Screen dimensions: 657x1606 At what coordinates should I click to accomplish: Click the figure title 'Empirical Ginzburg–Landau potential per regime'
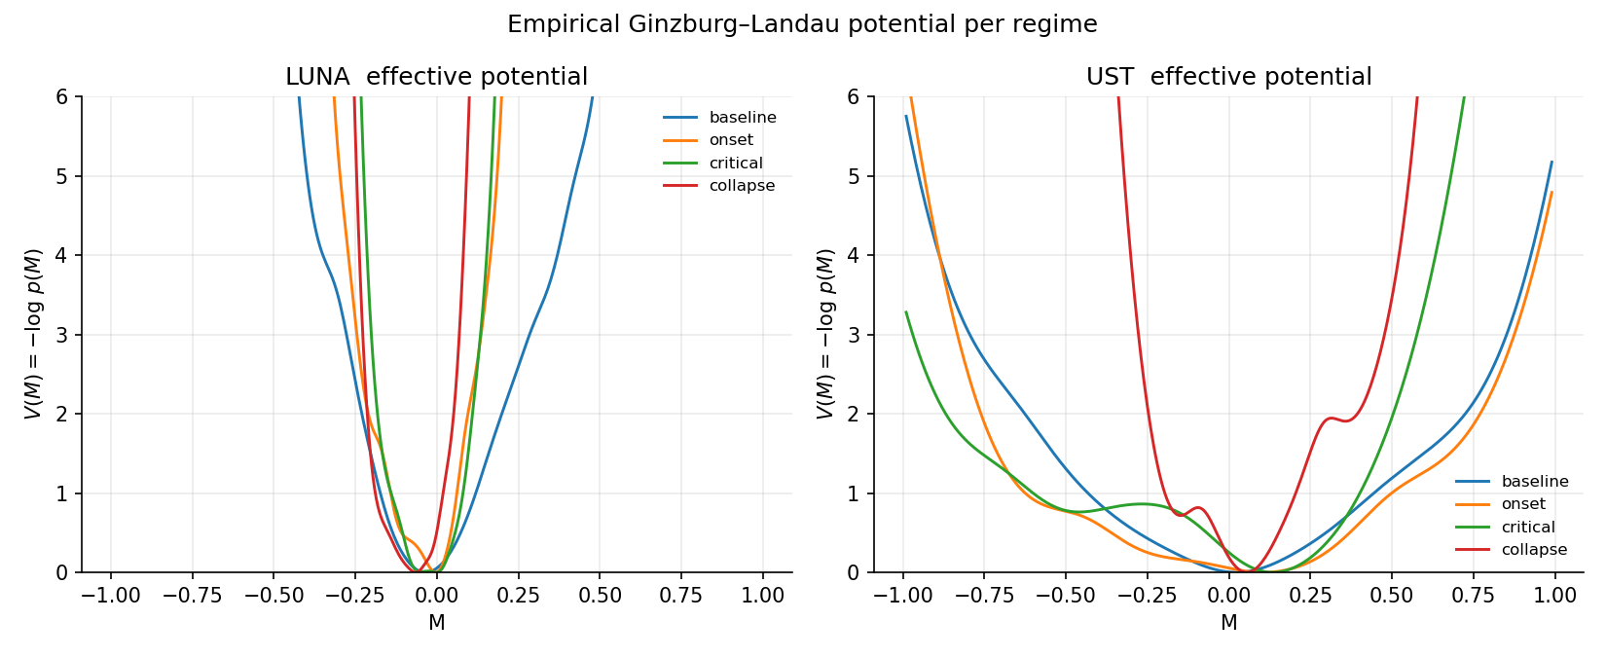tap(802, 25)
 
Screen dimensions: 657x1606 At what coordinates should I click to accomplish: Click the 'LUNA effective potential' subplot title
tap(436, 77)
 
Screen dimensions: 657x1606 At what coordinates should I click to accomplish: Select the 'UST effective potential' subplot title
tap(1228, 77)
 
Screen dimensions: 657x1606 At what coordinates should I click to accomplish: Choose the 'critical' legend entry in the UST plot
tap(1527, 528)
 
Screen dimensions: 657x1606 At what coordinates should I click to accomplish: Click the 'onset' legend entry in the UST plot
tap(1522, 504)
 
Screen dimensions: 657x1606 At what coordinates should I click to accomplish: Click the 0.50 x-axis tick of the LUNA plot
tap(600, 596)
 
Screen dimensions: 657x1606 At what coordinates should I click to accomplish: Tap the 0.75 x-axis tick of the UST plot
tap(1473, 596)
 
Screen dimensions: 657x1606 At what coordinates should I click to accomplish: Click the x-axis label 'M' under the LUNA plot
tap(436, 623)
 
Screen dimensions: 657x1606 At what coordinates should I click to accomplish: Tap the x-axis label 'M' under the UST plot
tap(1228, 623)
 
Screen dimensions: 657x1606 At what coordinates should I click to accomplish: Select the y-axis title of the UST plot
tap(825, 334)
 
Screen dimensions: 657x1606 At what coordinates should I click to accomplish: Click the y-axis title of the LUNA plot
tap(33, 334)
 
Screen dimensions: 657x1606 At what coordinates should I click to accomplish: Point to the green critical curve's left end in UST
tap(906, 312)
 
